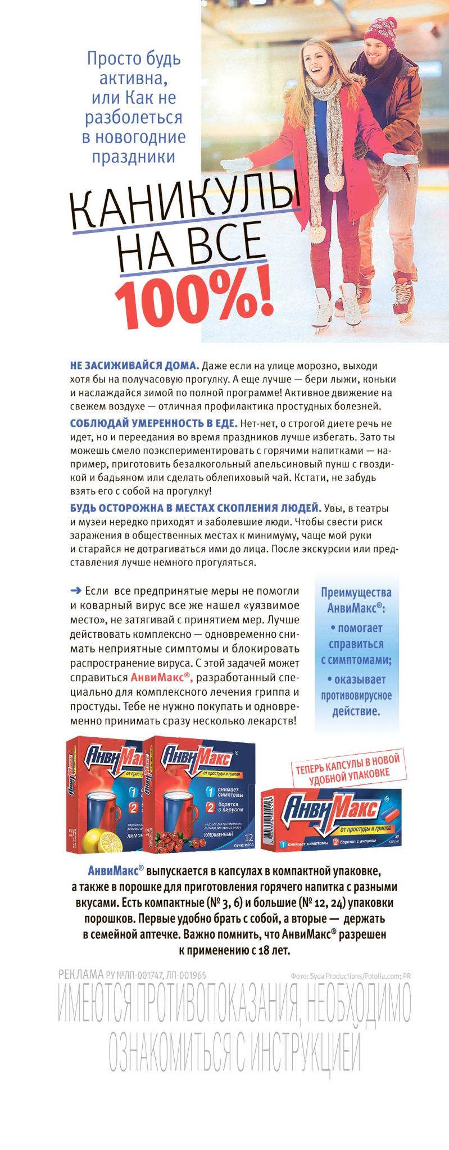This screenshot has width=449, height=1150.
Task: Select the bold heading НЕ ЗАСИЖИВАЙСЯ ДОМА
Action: click(134, 365)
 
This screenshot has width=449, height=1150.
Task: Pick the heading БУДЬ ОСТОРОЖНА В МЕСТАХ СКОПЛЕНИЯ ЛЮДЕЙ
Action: click(196, 508)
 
